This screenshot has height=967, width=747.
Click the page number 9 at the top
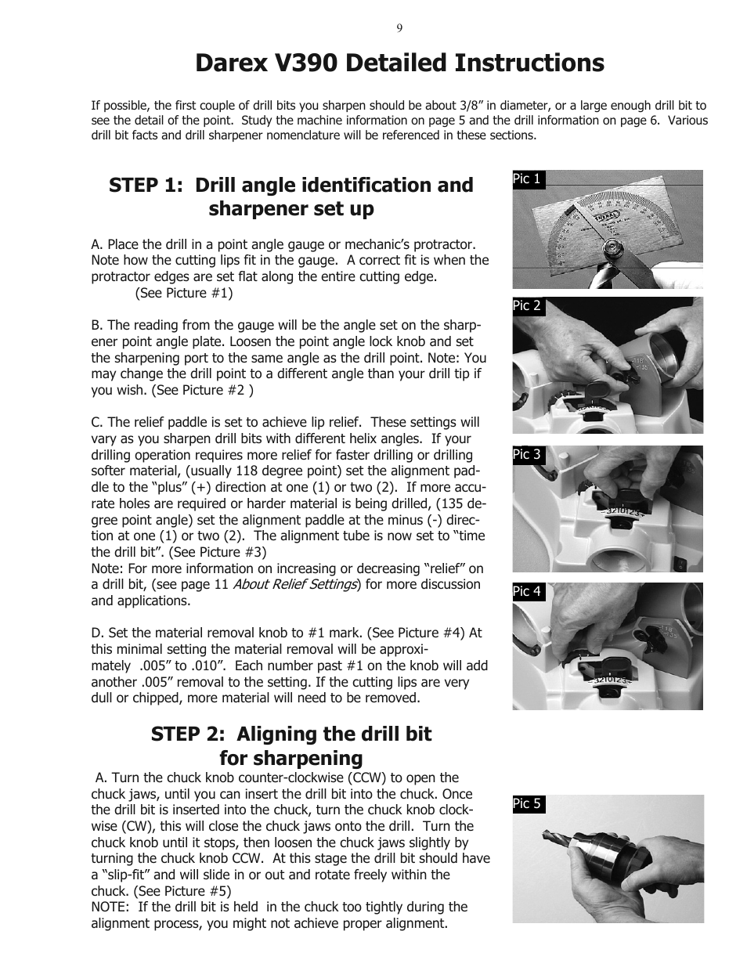[399, 28]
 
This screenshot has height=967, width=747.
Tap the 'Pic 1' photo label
[529, 179]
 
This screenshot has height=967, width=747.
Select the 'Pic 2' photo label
[529, 306]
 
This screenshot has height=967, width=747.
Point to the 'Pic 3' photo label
[529, 455]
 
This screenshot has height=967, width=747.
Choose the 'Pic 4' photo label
[529, 592]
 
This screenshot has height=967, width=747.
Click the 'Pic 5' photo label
[529, 804]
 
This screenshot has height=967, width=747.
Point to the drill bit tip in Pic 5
[544, 832]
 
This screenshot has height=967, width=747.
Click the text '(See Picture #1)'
[184, 294]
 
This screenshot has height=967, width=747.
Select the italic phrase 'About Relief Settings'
[294, 584]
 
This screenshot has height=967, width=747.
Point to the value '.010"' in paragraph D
[211, 666]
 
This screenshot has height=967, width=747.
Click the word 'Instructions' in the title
[529, 63]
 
